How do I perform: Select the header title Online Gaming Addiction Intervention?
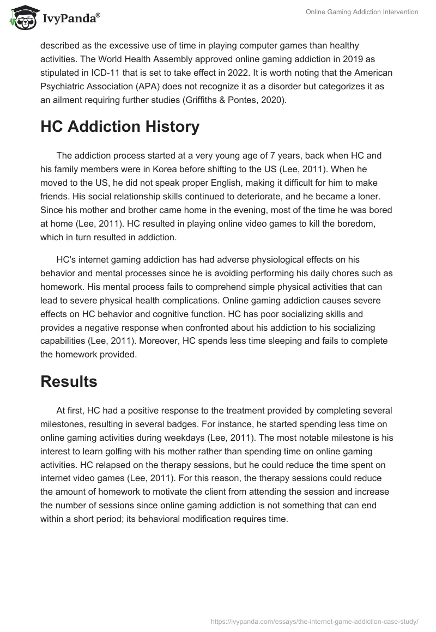tap(362, 12)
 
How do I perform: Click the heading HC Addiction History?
tap(120, 126)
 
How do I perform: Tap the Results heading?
tap(69, 381)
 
